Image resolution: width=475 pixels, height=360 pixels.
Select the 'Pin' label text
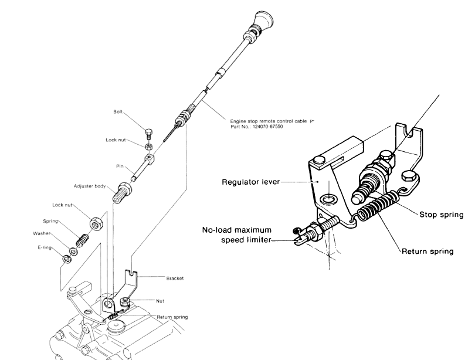click(120, 167)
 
